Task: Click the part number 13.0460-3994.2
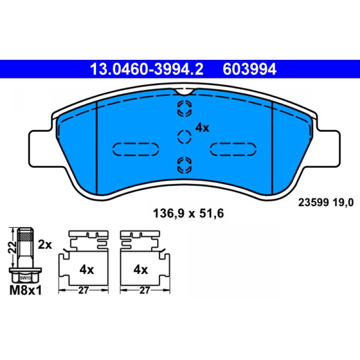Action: [147, 69]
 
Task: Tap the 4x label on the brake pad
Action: [202, 128]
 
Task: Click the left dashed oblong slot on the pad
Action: [135, 148]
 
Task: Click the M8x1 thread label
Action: [25, 291]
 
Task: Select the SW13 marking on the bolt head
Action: [24, 278]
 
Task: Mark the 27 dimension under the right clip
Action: [144, 291]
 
